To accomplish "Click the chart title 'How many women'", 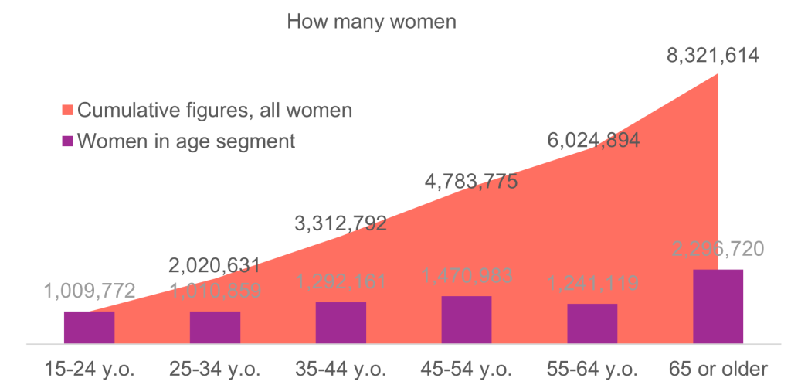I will (372, 21).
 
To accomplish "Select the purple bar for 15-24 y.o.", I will (89, 326).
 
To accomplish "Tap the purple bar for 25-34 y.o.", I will (215, 326).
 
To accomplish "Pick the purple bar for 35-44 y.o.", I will (341, 322).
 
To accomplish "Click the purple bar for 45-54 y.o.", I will (467, 319).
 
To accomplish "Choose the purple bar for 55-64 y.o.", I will (592, 322).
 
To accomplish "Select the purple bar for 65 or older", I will (718, 305).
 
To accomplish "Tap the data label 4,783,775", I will (471, 182).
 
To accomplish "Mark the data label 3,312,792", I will (341, 224).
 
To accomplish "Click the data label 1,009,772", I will (90, 291).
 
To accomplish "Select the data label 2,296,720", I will (718, 249).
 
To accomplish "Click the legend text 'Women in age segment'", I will (185, 142).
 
